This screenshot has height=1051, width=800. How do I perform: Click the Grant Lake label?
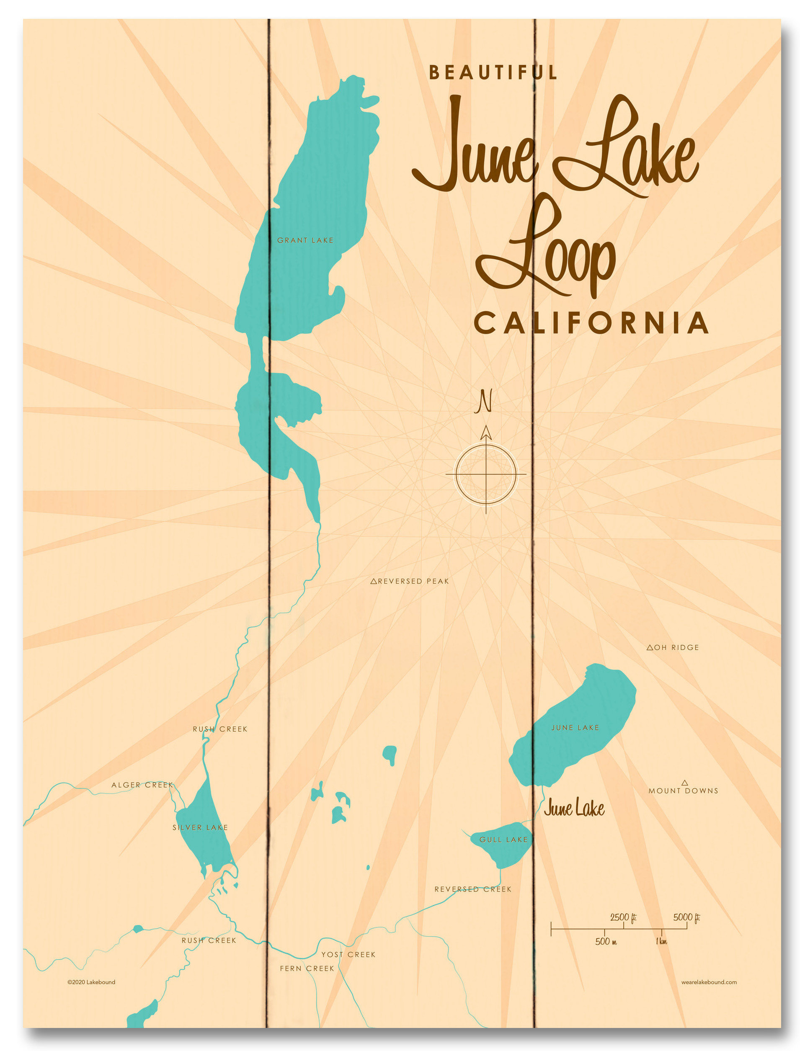(305, 240)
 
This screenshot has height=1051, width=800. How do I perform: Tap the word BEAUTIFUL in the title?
(493, 72)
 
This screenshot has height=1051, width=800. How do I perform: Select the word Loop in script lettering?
(547, 252)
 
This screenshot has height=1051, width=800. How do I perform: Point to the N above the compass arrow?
(484, 401)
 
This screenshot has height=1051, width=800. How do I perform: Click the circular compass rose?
(486, 474)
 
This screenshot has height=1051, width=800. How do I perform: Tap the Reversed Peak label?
(410, 581)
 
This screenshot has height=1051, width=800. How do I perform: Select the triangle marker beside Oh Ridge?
(650, 647)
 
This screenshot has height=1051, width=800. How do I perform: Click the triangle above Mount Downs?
(685, 783)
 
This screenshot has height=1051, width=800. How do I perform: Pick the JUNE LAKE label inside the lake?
(575, 727)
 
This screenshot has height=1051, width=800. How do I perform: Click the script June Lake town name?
(574, 808)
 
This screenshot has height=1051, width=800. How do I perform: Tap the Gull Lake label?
(503, 840)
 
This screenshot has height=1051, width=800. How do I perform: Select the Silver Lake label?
(200, 827)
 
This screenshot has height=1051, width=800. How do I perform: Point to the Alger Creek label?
(142, 785)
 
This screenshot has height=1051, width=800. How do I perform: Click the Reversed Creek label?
(473, 889)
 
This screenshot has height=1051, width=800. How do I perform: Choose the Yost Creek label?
(348, 954)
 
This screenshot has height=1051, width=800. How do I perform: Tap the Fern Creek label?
(307, 968)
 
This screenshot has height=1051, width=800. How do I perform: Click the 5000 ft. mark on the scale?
(686, 917)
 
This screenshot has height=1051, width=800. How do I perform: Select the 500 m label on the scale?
(606, 942)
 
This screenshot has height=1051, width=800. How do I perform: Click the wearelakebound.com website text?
(709, 982)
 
